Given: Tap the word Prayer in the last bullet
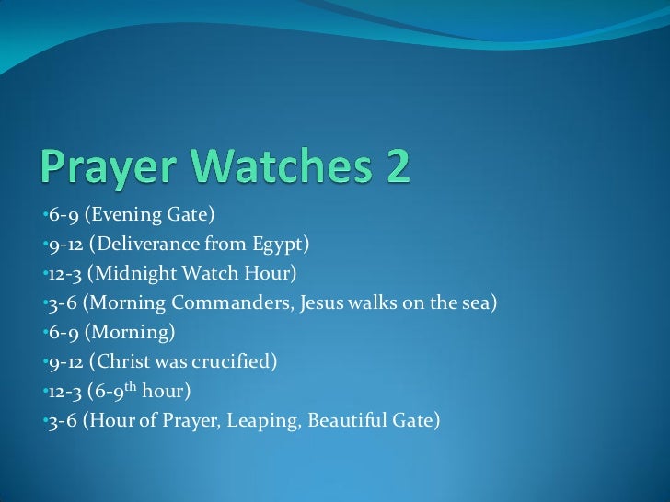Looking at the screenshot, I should (190, 421).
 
